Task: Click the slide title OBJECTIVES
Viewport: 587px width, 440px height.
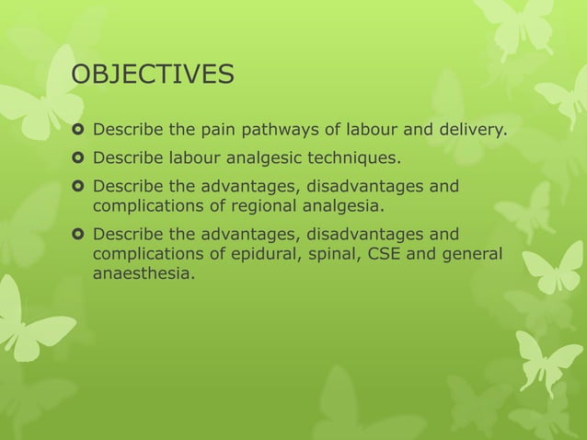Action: [x=153, y=74]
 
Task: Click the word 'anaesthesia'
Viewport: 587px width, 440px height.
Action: [x=144, y=273]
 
